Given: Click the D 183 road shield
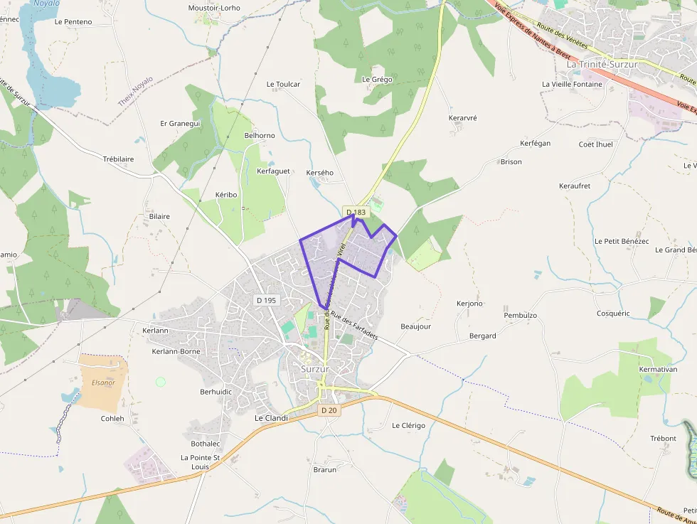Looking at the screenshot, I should click(x=356, y=212).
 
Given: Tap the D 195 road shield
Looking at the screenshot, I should click(x=265, y=300).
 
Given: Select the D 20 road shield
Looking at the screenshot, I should click(x=329, y=410).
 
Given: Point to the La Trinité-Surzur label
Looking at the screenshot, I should click(x=602, y=64).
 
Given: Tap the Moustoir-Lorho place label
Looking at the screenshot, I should click(x=214, y=8).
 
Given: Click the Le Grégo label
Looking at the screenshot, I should click(x=377, y=80).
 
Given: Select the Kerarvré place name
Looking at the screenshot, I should click(x=463, y=117).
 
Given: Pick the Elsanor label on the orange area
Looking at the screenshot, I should click(x=103, y=383).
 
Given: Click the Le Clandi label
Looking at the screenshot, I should click(x=271, y=418).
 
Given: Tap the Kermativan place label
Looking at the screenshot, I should click(x=658, y=370).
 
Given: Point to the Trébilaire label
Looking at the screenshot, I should click(x=118, y=159).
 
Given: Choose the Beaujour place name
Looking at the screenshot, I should click(x=416, y=326).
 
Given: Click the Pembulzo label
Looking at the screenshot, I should click(x=520, y=315).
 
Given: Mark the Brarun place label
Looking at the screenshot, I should click(x=324, y=469).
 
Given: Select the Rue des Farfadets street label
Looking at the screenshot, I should click(x=354, y=325).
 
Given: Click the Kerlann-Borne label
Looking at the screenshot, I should click(x=176, y=351).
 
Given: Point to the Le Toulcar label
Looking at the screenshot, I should click(x=283, y=84).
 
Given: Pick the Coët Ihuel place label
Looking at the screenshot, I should click(x=595, y=144).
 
